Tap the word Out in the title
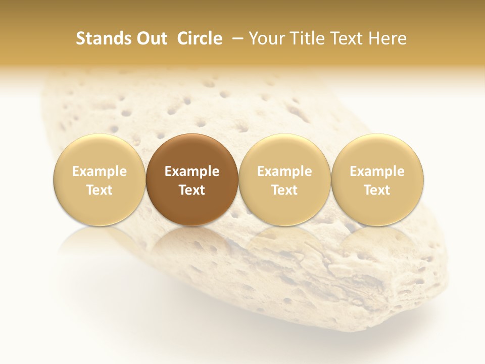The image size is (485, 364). click(150, 38)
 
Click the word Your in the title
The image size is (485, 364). click(266, 38)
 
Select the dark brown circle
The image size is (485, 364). click(192, 179)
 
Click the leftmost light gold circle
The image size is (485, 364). click(99, 179)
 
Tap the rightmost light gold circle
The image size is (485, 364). click(377, 179)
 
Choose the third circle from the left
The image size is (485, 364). click(284, 179)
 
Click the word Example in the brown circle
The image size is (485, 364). click(192, 171)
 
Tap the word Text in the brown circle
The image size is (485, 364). click(192, 190)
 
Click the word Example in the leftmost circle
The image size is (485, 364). click(99, 171)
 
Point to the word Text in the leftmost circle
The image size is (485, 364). click(99, 190)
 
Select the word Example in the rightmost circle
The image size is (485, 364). click(377, 171)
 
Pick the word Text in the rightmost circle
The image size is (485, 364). click(377, 190)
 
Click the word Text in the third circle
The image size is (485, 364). click(284, 190)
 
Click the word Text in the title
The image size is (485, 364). click(348, 38)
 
